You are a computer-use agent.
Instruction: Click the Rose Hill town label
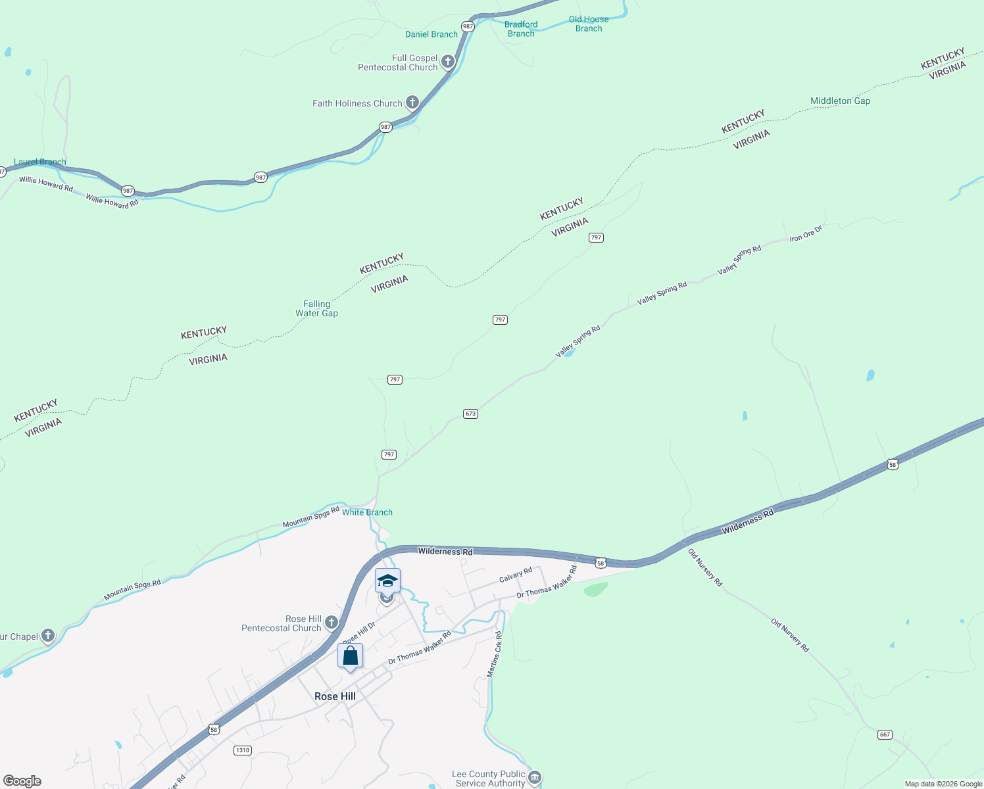[x=335, y=696]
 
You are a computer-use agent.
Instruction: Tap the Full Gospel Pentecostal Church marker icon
[x=448, y=62]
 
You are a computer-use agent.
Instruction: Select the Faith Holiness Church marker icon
[x=412, y=103]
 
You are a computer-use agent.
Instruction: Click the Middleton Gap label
[x=840, y=101]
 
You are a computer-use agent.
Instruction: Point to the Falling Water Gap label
[x=316, y=308]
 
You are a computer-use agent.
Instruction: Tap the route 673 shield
[x=470, y=414]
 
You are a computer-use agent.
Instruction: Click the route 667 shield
[x=885, y=734]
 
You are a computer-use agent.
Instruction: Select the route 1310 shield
[x=243, y=750]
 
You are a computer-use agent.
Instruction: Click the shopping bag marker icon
[x=350, y=656]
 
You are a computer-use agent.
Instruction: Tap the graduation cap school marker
[x=387, y=581]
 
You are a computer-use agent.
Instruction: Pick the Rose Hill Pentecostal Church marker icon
[x=332, y=622]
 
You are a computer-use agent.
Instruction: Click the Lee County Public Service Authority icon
[x=535, y=778]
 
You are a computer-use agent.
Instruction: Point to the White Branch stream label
[x=367, y=512]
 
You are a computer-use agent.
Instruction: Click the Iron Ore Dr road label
[x=806, y=233]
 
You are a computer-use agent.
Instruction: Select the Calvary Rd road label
[x=516, y=575]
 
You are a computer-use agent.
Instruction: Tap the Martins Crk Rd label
[x=494, y=654]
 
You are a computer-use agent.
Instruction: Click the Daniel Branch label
[x=431, y=34]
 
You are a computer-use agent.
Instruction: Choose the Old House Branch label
[x=589, y=24]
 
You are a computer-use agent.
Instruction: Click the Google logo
[x=22, y=781]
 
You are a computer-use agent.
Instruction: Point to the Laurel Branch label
[x=40, y=162]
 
